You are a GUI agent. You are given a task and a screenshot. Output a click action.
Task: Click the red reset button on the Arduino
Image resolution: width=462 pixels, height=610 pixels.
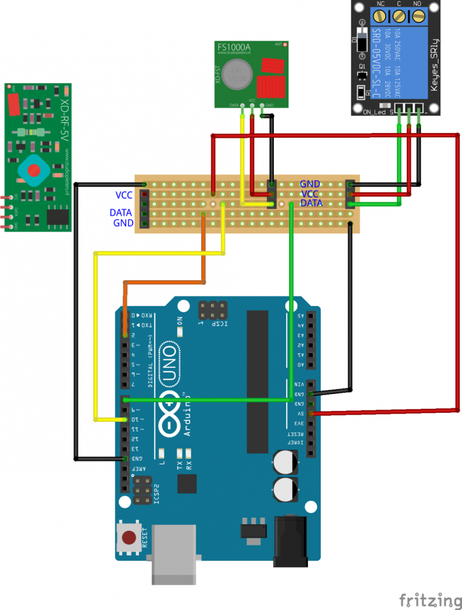(x=128, y=537)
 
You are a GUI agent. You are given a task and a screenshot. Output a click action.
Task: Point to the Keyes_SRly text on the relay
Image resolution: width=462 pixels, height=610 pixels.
(x=434, y=59)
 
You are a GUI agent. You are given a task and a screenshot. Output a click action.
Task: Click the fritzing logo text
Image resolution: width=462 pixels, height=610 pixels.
(x=430, y=599)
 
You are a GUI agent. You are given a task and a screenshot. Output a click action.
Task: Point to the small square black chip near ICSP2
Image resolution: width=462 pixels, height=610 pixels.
(x=187, y=484)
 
